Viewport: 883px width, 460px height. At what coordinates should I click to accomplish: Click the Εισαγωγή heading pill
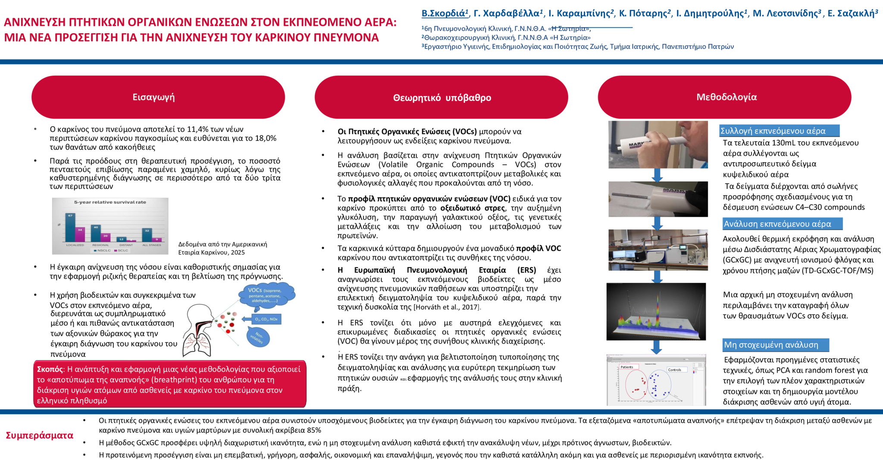[158, 97]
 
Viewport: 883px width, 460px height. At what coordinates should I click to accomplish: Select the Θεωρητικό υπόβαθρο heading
[441, 98]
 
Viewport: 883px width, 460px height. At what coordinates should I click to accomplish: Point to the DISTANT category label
[126, 245]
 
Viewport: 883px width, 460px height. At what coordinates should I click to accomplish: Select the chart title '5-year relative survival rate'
[110, 202]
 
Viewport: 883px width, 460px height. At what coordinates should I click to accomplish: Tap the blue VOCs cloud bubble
[266, 295]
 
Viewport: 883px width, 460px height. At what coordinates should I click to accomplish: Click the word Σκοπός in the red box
[50, 369]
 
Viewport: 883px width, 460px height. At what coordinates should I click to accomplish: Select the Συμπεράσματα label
[40, 435]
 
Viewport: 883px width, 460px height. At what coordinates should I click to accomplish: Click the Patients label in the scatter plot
[627, 367]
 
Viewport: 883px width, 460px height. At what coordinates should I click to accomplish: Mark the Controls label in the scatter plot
[674, 370]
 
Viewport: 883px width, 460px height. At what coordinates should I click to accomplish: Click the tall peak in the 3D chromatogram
[658, 306]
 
